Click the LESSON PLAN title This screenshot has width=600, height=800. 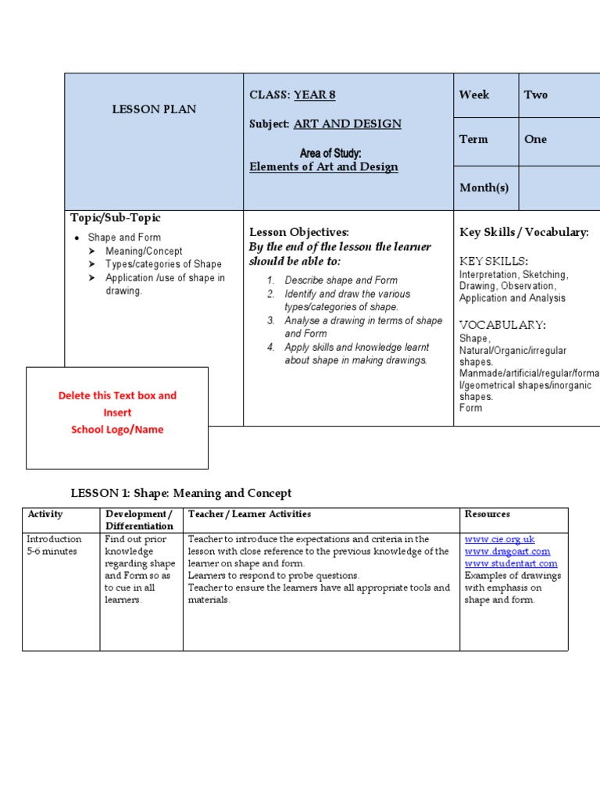(154, 109)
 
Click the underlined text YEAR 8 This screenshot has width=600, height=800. (314, 95)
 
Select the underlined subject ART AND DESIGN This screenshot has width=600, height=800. (348, 124)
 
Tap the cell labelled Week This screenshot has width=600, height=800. (474, 95)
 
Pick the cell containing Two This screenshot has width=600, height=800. (536, 95)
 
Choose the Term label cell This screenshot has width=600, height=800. (473, 139)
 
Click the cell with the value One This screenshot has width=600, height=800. (536, 139)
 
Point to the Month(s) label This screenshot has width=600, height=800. (484, 187)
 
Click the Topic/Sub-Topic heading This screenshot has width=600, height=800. (116, 218)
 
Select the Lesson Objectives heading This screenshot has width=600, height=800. (299, 232)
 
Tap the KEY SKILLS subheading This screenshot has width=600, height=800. (494, 261)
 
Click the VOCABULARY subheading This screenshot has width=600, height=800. (502, 325)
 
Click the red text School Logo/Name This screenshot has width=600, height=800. (117, 430)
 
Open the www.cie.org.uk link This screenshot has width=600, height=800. (500, 540)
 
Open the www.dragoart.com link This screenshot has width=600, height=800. (508, 552)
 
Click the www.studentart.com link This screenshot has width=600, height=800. (511, 563)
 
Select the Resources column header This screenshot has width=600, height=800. (487, 514)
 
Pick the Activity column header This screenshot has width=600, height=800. (45, 514)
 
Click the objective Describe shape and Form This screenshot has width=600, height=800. (341, 280)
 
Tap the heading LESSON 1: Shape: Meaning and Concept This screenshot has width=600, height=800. (181, 493)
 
